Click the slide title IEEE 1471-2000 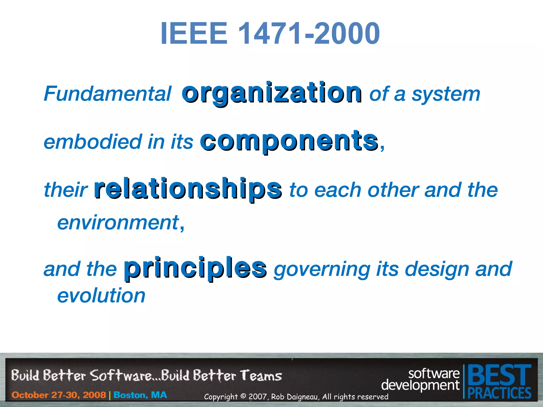pos(270,34)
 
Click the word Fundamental pos(107,94)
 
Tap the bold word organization pos(271,93)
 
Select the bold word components pos(289,141)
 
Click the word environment pos(118,223)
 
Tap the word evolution pos(101,295)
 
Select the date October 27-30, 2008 pos(59,395)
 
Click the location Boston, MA pos(140,395)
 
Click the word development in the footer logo pos(420,385)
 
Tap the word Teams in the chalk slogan pos(261,376)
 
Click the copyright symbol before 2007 pos(243,396)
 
